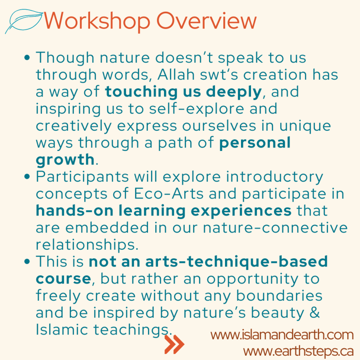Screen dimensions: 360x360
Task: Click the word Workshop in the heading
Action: click(96, 21)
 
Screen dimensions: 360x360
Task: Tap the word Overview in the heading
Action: click(206, 21)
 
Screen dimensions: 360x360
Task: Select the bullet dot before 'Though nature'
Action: click(27, 58)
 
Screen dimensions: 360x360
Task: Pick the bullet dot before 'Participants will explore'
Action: click(27, 177)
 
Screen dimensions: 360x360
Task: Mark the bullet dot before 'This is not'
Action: click(27, 261)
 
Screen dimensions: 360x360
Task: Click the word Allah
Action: click(176, 74)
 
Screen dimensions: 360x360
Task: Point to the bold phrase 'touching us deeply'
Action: click(183, 92)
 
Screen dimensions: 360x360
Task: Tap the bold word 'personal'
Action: click(255, 143)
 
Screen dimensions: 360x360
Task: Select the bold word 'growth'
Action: click(65, 160)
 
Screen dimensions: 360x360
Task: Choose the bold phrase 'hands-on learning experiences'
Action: click(164, 211)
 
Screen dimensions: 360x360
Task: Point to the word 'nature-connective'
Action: click(275, 228)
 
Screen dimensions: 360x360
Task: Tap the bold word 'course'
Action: click(64, 279)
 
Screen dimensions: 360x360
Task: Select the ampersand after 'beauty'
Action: click(314, 312)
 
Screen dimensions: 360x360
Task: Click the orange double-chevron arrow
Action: click(174, 344)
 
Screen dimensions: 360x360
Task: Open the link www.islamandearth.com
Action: click(282, 335)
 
